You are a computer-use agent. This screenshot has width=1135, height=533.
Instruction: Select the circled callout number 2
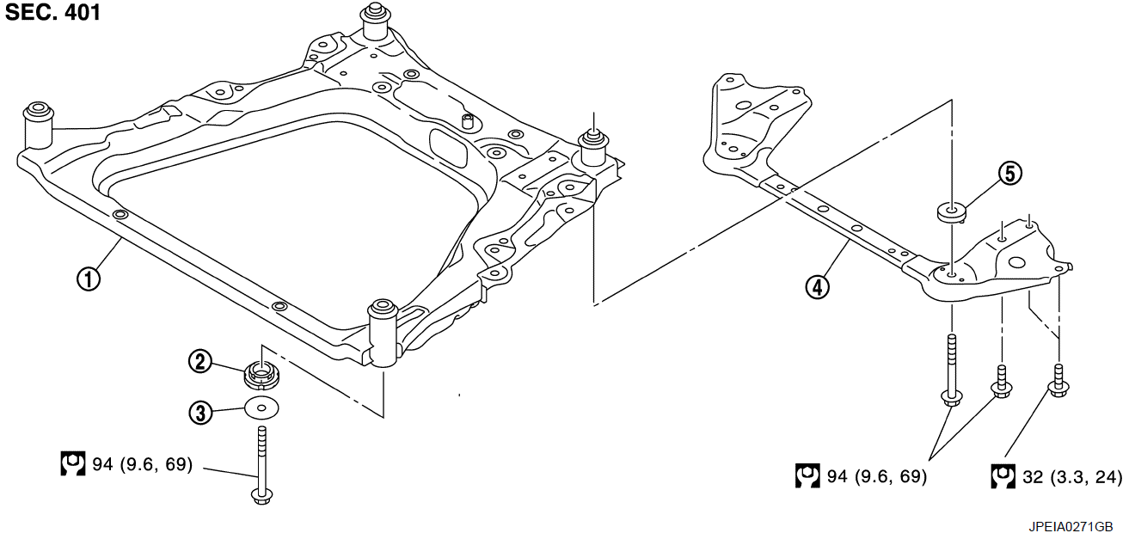200,362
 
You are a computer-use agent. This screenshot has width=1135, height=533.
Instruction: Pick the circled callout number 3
200,413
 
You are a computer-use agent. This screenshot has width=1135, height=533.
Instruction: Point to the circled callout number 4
818,286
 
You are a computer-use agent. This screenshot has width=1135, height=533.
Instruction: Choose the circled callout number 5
1009,174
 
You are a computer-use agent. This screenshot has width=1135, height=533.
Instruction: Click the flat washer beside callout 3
262,407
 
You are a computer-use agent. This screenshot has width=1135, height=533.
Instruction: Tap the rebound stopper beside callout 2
262,374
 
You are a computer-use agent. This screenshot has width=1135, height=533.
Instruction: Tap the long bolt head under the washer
261,495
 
